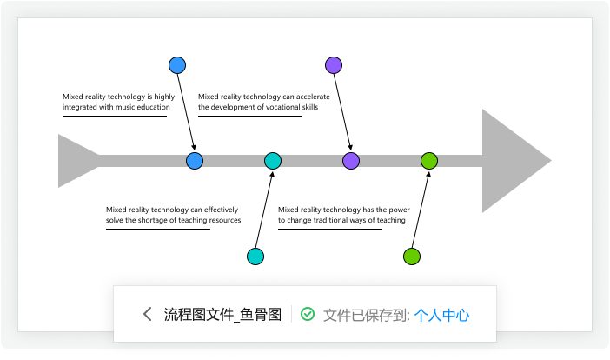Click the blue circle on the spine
(x=195, y=160)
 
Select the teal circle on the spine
(x=273, y=160)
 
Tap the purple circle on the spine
(x=351, y=160)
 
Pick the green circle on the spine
(x=429, y=160)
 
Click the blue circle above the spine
(x=177, y=64)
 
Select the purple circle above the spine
(x=334, y=64)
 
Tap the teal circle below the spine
(x=255, y=257)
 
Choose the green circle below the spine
(x=412, y=257)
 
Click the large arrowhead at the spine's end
(x=513, y=161)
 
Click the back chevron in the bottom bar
(x=148, y=315)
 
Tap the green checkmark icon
(x=308, y=315)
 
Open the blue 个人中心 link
(x=442, y=315)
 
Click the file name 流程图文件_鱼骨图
(x=222, y=315)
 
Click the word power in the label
(x=399, y=210)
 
